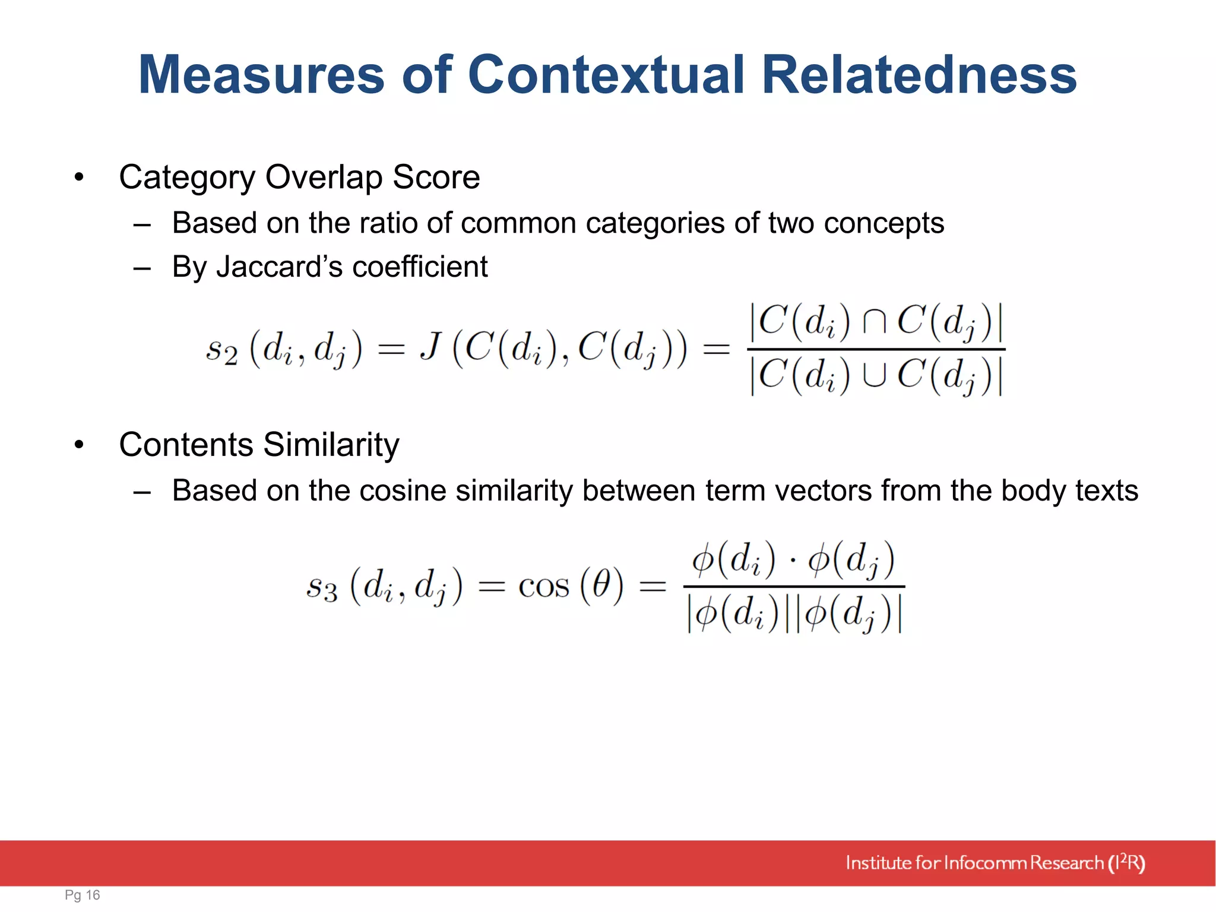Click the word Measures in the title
[261, 75]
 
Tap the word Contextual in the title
[606, 75]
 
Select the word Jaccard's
[279, 267]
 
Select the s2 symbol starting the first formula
[221, 350]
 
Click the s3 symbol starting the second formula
[322, 588]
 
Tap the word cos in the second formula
[543, 587]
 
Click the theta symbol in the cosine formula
[601, 585]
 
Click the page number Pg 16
[82, 895]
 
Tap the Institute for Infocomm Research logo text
[995, 863]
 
